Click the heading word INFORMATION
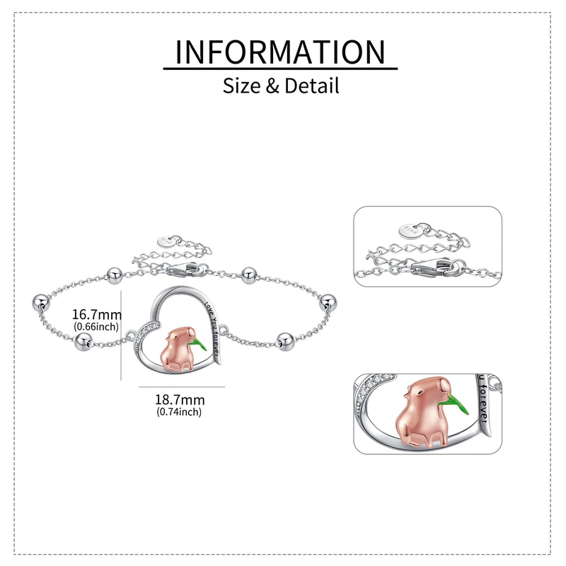click(281, 52)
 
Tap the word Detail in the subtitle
click(312, 86)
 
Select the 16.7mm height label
click(98, 314)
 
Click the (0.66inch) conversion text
click(98, 326)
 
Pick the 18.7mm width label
click(179, 400)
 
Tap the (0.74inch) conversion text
click(179, 412)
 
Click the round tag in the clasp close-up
click(409, 229)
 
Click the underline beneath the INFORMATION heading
click(281, 69)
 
